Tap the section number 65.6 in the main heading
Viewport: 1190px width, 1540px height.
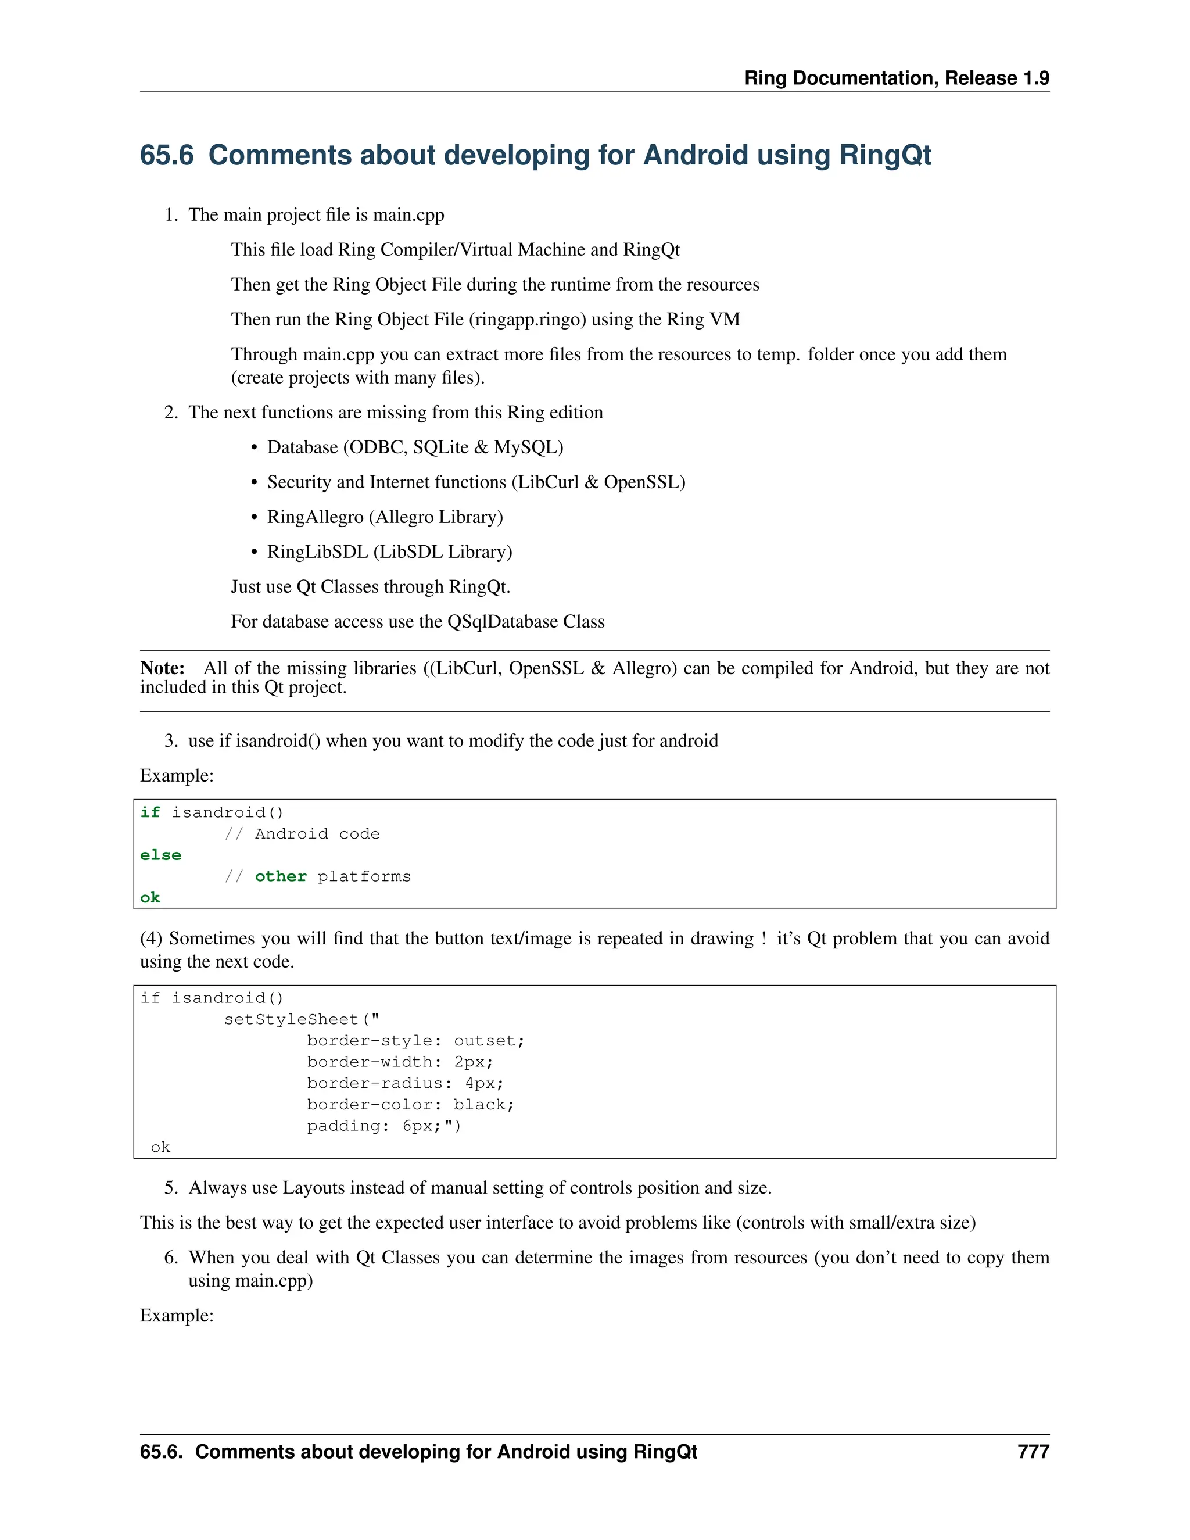(x=166, y=155)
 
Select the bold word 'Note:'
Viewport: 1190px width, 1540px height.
(x=162, y=668)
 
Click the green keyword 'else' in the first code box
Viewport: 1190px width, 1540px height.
(x=161, y=855)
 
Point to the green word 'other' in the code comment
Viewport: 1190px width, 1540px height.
(x=281, y=876)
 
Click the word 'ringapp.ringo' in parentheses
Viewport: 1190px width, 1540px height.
(x=530, y=320)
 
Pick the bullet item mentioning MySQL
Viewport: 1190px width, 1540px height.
(x=414, y=447)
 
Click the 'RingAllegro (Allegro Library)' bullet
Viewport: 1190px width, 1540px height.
(x=384, y=517)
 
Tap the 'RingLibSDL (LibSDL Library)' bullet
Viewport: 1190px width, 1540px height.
(x=389, y=551)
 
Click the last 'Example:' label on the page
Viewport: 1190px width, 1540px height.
(x=176, y=1315)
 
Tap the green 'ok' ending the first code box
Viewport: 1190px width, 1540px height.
(x=150, y=898)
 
